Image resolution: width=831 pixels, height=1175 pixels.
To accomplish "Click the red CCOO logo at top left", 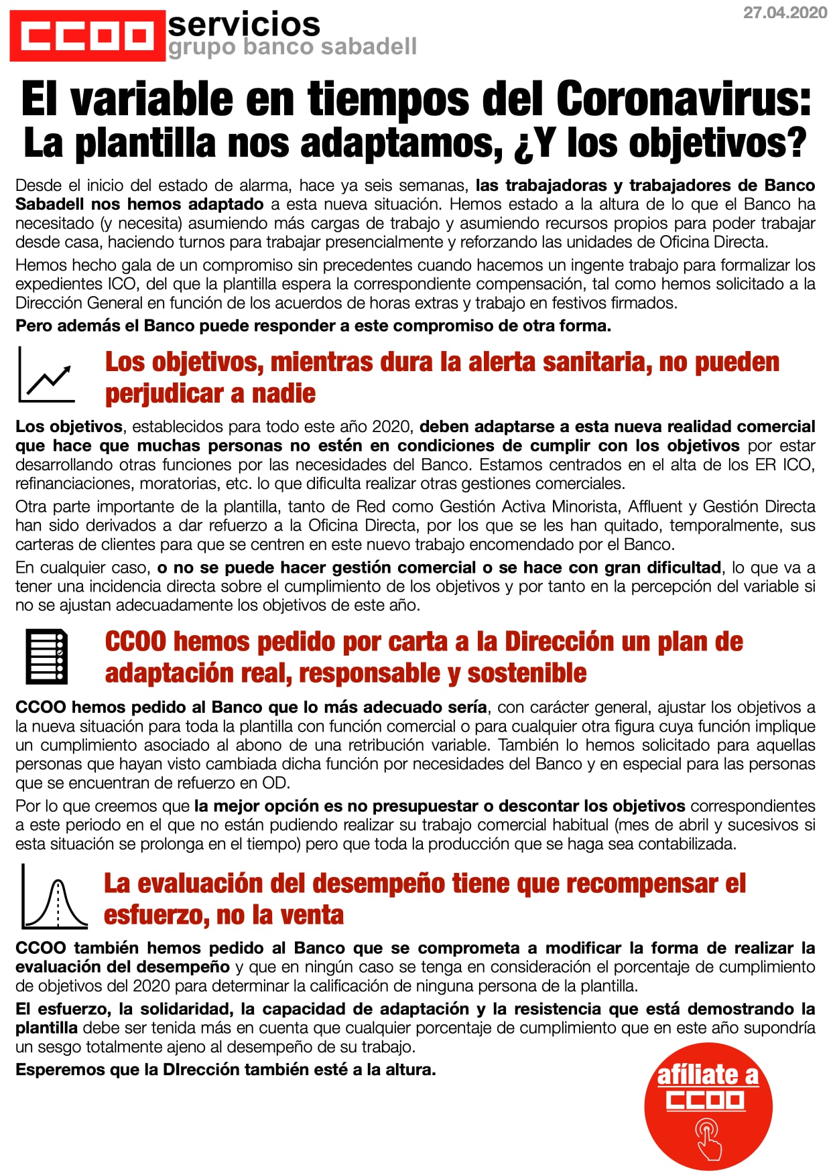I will coord(87,36).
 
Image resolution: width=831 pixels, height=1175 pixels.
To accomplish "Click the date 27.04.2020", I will coord(785,13).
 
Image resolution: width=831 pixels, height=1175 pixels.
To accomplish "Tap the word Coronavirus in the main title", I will coord(684,99).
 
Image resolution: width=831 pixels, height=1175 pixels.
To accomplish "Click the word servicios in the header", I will coord(244,25).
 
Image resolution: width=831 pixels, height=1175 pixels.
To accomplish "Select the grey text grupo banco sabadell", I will coord(292,47).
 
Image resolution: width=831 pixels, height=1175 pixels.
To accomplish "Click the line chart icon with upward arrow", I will coord(46,374).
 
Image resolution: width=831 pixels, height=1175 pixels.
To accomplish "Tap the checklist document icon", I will coord(47,656).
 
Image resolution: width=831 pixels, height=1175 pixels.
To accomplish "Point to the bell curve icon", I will coord(54,897).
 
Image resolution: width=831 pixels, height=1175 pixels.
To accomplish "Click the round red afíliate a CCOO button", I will coord(708,1106).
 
